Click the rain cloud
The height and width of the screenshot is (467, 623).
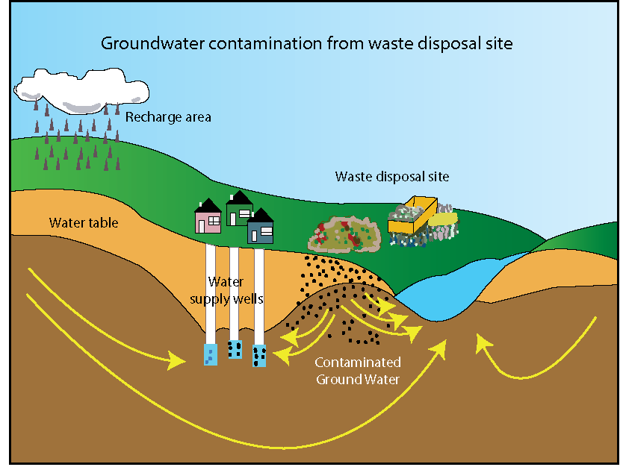[x=82, y=85]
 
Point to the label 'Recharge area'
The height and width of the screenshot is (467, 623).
[x=168, y=116]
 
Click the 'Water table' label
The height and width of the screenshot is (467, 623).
[x=84, y=222]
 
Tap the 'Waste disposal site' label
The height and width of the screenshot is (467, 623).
[x=391, y=177]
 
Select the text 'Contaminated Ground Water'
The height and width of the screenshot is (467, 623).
[x=358, y=371]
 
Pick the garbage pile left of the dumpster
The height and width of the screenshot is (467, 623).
[x=344, y=233]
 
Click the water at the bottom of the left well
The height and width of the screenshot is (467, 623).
[x=211, y=354]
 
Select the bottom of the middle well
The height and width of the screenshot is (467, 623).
[x=235, y=349]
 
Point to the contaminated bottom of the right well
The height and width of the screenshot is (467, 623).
[x=259, y=356]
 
